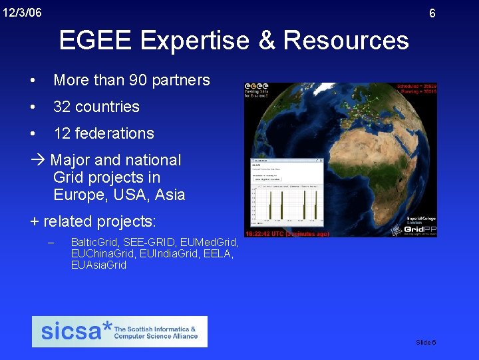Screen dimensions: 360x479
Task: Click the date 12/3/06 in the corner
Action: (22, 12)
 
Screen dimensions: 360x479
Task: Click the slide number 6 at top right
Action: (432, 13)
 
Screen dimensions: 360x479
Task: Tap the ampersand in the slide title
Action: (265, 41)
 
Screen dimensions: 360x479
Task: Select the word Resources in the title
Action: (346, 41)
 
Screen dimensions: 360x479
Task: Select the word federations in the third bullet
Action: (114, 133)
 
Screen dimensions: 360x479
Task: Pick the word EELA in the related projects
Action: (218, 253)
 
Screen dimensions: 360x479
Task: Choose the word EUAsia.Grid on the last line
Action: (98, 265)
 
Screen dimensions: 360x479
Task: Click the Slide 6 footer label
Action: (426, 342)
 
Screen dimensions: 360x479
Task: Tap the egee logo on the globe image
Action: (257, 89)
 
